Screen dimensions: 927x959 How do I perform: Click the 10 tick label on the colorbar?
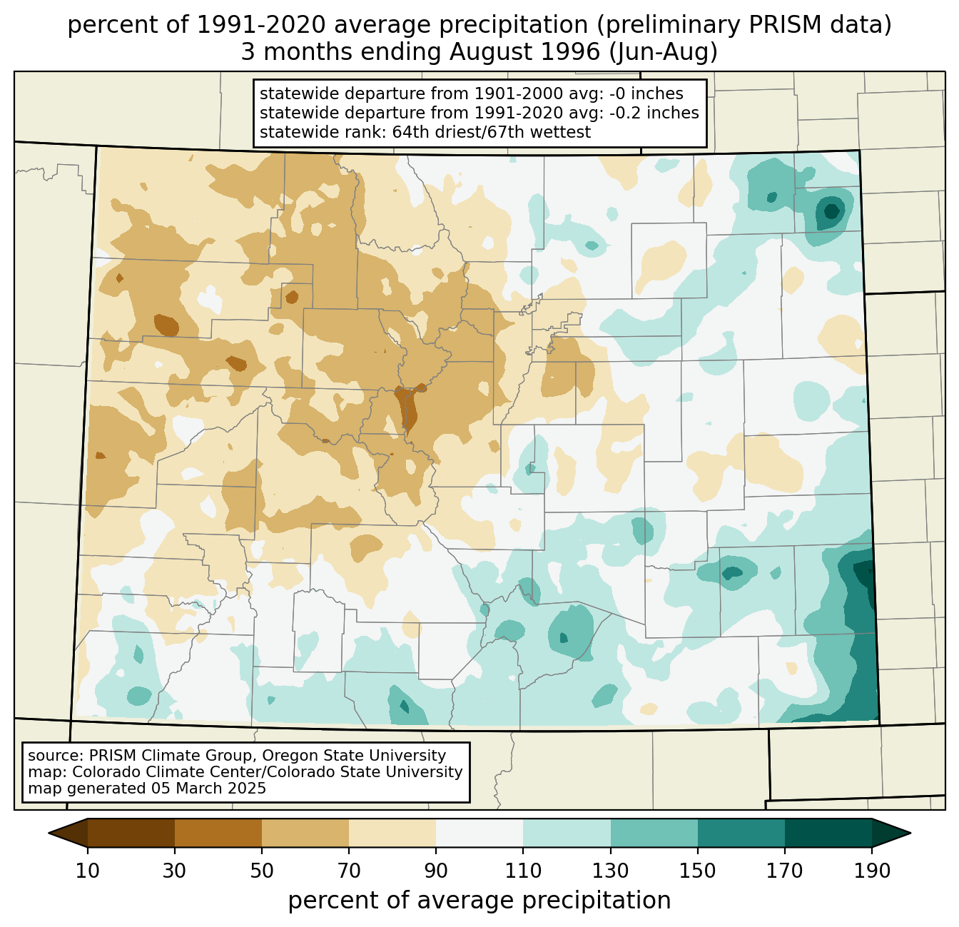(x=88, y=871)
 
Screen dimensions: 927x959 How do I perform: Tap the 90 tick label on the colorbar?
(x=436, y=871)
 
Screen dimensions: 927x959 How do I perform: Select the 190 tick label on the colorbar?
(x=872, y=871)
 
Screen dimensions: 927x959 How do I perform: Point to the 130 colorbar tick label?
(x=611, y=871)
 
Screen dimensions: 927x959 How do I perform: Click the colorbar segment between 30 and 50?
(x=218, y=833)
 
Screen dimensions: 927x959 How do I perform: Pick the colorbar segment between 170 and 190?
(x=828, y=833)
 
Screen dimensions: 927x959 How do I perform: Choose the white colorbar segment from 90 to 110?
(x=479, y=833)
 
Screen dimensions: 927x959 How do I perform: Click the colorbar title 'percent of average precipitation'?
(x=479, y=901)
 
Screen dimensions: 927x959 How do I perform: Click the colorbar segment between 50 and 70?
(x=305, y=833)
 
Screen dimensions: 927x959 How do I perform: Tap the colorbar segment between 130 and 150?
(x=654, y=833)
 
